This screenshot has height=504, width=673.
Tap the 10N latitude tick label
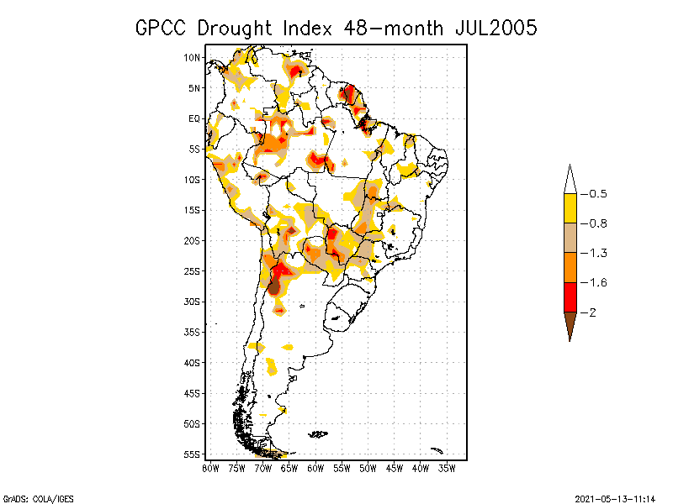[x=193, y=57]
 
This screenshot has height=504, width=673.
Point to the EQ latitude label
[x=194, y=118]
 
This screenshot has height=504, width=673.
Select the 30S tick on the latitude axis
[x=193, y=302]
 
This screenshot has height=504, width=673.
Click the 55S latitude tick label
[x=193, y=454]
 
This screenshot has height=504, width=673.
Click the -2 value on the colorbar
[x=588, y=312]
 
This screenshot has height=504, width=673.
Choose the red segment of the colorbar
[x=570, y=297]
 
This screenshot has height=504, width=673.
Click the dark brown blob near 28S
[x=273, y=286]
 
